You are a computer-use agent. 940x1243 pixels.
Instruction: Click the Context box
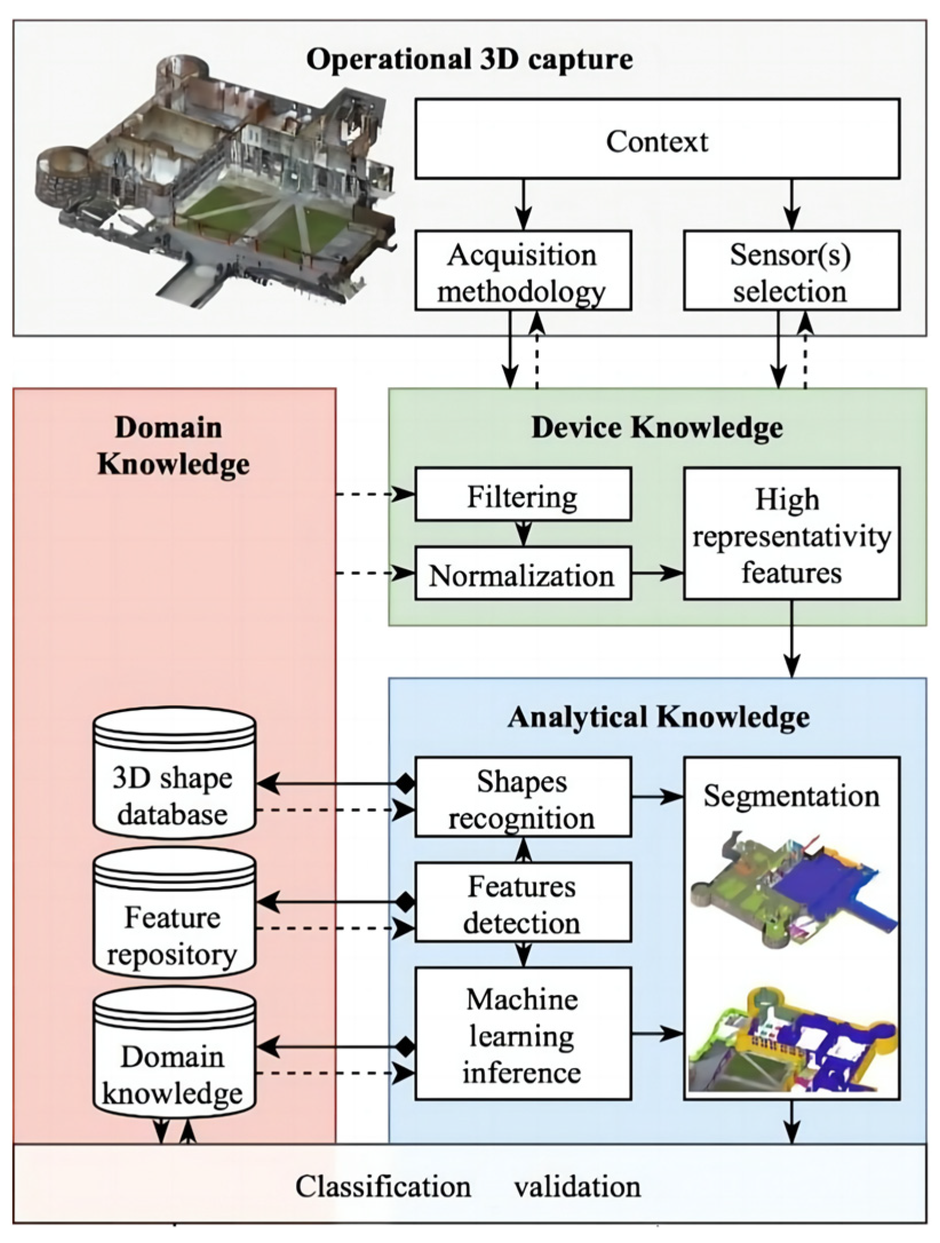tap(656, 139)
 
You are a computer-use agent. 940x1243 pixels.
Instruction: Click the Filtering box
tap(523, 495)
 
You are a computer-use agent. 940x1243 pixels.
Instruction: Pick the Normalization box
tap(523, 574)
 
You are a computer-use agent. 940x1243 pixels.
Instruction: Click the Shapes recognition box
tap(523, 797)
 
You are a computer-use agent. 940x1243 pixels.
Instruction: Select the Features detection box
tap(523, 903)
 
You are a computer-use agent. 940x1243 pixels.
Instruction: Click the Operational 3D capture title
tap(469, 59)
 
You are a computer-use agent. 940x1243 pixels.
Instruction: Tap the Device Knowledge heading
tap(656, 428)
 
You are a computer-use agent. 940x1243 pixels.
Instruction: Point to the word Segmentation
tap(791, 796)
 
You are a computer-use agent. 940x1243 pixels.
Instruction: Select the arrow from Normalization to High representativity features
tap(657, 573)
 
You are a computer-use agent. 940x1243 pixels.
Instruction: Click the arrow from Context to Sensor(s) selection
tap(791, 204)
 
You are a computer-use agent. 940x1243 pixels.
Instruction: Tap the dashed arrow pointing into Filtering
tap(375, 494)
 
